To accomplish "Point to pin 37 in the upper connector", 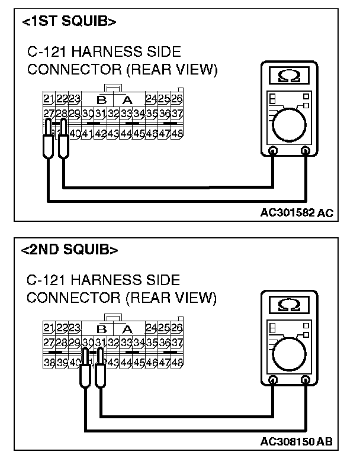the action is pos(176,113).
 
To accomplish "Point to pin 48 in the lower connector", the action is pos(176,361).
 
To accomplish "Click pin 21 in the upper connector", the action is pos(49,98).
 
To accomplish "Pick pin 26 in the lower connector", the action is pos(176,328).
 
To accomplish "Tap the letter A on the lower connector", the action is pos(126,329).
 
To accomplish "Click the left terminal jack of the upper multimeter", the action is pos(272,151).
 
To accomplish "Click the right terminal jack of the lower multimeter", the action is pos(306,379).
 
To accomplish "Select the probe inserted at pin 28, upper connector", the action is pos(62,139).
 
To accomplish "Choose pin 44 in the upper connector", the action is pos(126,133).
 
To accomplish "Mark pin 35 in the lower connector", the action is pos(151,343).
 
